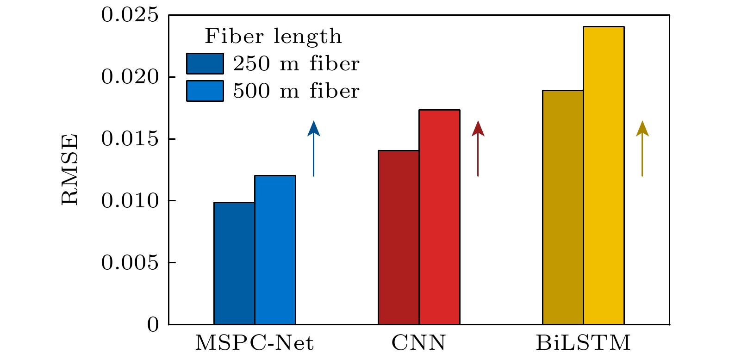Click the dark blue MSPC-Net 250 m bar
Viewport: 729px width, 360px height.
(x=234, y=263)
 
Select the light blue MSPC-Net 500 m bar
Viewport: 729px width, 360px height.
(x=275, y=250)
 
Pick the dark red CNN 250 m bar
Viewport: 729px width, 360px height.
(x=399, y=237)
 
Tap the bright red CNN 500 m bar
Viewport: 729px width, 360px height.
(x=439, y=217)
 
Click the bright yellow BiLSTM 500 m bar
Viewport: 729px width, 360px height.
(x=604, y=175)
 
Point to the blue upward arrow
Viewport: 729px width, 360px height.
(x=314, y=148)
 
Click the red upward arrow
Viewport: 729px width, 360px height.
(x=478, y=148)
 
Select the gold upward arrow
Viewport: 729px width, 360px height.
(x=642, y=148)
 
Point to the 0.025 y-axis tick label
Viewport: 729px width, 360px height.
(x=130, y=15)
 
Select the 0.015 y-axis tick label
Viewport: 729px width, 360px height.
(x=130, y=139)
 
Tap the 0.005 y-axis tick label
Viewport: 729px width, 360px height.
(x=130, y=263)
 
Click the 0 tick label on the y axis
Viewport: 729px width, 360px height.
(x=153, y=325)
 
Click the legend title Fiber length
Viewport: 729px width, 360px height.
(x=273, y=37)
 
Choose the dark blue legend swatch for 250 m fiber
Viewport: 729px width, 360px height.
(x=205, y=63)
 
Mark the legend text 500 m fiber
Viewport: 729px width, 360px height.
(x=296, y=91)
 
